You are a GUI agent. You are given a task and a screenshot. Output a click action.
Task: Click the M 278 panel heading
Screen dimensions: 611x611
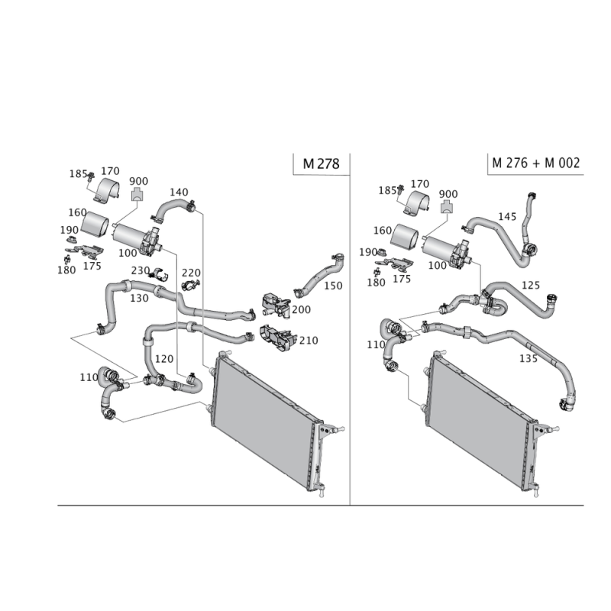click(321, 163)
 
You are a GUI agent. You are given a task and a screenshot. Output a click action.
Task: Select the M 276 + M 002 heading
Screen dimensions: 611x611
click(536, 163)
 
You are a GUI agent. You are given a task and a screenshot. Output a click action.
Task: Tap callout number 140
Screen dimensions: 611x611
click(179, 192)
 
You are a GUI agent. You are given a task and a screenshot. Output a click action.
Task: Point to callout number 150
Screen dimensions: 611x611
click(333, 286)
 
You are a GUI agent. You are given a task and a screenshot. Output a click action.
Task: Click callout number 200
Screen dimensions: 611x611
click(301, 309)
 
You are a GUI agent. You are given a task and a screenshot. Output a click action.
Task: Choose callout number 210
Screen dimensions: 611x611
click(309, 340)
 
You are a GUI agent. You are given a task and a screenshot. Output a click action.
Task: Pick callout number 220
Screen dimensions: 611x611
click(191, 273)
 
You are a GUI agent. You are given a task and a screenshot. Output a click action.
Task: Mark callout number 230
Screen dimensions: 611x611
click(141, 270)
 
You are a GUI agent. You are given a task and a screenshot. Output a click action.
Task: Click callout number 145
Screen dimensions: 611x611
click(507, 216)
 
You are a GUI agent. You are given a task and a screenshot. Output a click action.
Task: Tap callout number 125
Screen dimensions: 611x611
click(530, 285)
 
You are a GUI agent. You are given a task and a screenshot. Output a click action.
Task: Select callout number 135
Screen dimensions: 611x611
click(529, 357)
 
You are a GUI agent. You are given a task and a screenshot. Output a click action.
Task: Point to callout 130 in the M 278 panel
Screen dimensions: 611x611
click(139, 298)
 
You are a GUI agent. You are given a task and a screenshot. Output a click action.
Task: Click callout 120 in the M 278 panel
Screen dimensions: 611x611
click(164, 358)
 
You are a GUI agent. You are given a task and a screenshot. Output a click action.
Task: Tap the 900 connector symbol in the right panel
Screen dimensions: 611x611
click(448, 206)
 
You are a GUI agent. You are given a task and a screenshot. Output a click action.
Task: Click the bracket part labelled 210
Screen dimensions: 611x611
click(276, 338)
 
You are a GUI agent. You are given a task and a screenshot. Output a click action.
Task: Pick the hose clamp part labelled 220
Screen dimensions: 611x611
click(190, 286)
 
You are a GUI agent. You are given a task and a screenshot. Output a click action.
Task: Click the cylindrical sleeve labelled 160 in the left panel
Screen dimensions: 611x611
click(95, 224)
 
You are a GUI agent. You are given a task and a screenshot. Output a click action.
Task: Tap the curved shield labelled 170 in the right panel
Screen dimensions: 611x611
click(416, 203)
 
